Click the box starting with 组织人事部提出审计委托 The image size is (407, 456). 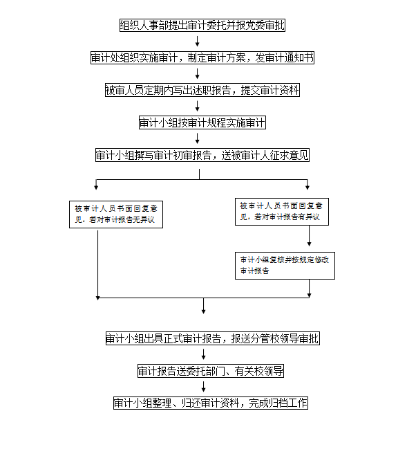click(202, 26)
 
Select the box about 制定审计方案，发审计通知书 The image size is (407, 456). click(202, 57)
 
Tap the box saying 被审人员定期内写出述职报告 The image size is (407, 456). click(202, 90)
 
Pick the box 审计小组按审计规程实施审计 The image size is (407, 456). click(202, 122)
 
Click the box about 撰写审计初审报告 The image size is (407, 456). click(202, 155)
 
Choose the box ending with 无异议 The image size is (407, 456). click(116, 215)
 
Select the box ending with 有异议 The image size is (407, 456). click(282, 212)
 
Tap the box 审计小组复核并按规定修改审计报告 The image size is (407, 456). click(285, 266)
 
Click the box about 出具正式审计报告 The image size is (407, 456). click(213, 338)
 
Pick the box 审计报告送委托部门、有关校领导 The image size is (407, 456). click(211, 371)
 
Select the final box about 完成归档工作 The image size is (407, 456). click(211, 403)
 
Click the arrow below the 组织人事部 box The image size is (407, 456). click(197, 42)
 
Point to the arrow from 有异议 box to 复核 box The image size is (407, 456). click(309, 236)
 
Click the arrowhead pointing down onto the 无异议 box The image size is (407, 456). click(96, 188)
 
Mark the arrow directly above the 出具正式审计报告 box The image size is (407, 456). click(203, 306)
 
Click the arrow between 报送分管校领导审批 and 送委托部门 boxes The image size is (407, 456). click(203, 354)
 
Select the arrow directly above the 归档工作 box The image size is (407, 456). click(203, 387)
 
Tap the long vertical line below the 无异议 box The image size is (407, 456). click(97, 265)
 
